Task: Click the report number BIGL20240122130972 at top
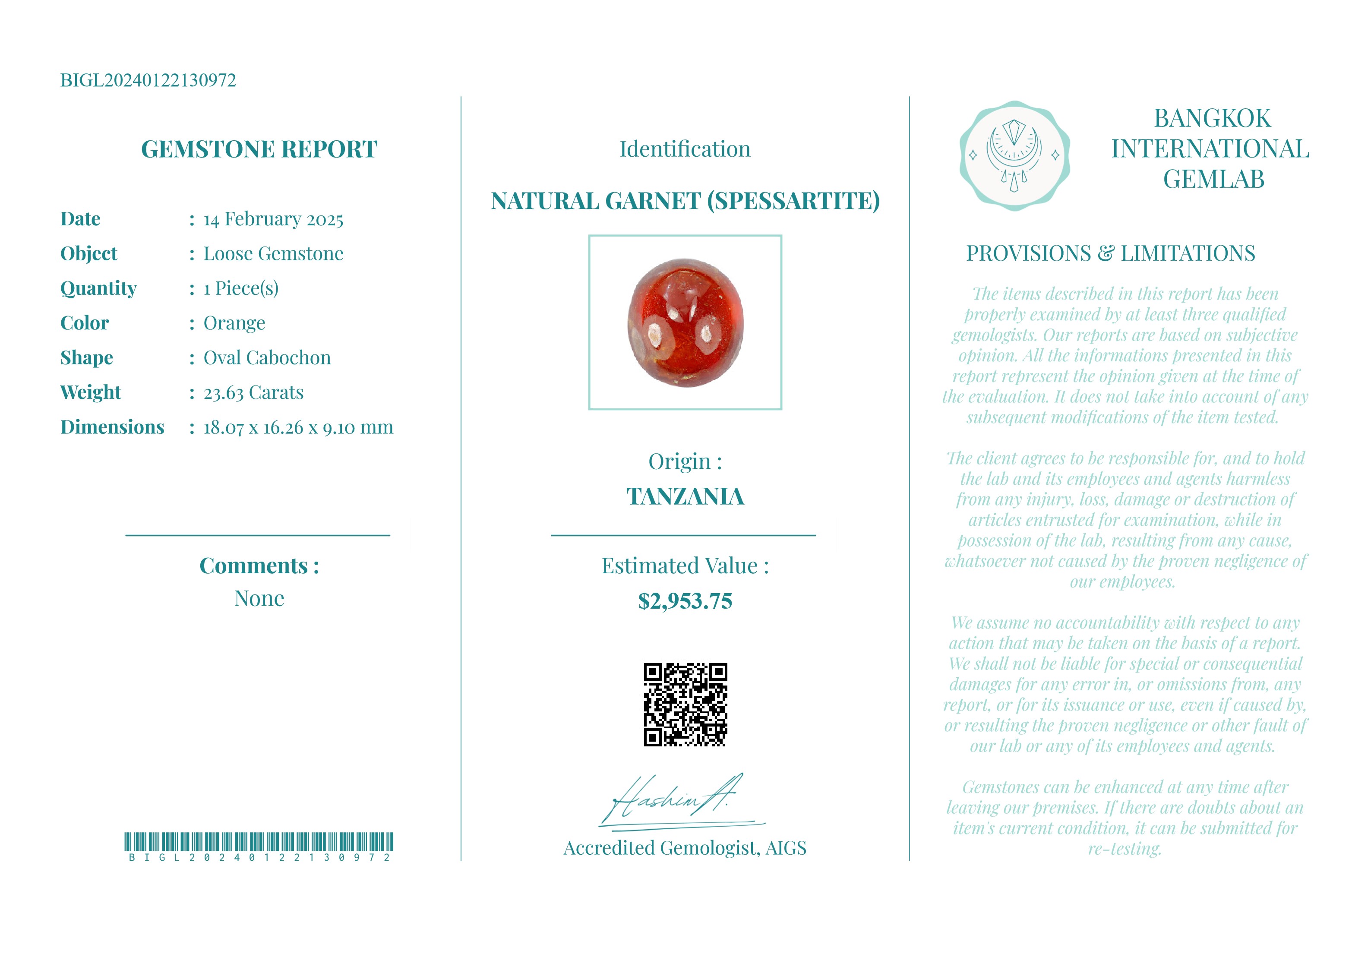tap(148, 80)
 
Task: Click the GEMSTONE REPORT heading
tap(259, 149)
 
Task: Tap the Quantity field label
tap(98, 288)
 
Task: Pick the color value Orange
tap(234, 323)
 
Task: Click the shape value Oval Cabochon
tap(267, 358)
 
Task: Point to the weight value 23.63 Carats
tap(253, 392)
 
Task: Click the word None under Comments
tap(259, 598)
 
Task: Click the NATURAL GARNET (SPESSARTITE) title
tap(685, 201)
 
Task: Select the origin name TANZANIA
tap(685, 496)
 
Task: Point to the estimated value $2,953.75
tap(685, 601)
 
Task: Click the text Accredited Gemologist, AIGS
tap(685, 848)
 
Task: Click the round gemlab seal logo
tap(1014, 156)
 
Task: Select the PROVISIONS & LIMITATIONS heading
tap(1111, 254)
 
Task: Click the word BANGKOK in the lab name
tap(1212, 118)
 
